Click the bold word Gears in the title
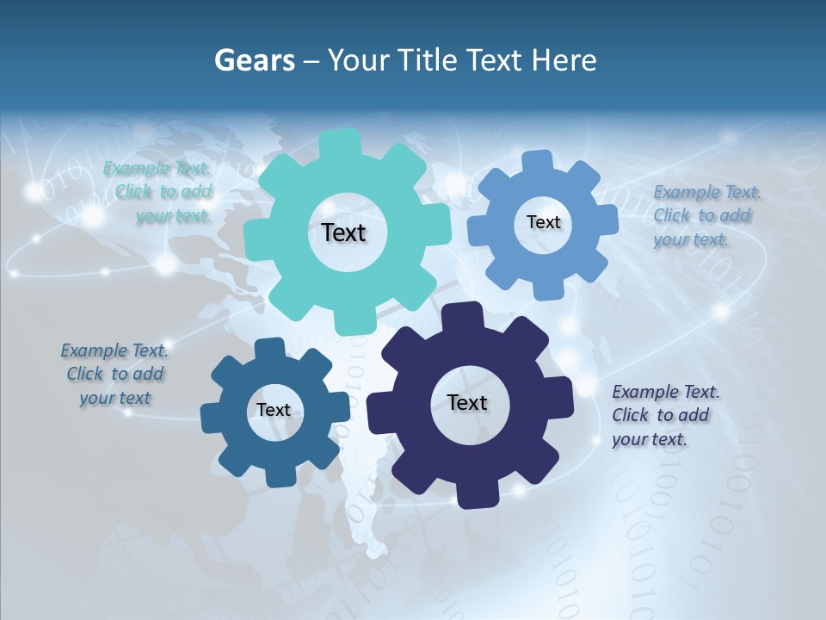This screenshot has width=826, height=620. [254, 60]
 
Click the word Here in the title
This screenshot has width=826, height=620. [564, 60]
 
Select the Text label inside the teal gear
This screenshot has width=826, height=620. [343, 232]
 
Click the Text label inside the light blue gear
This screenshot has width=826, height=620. [543, 222]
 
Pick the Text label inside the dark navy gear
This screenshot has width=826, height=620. [467, 403]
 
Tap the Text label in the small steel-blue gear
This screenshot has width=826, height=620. [274, 411]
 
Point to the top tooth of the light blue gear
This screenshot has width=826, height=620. [538, 161]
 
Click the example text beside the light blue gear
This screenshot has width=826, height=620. [702, 216]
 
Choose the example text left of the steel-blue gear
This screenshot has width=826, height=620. [114, 374]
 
